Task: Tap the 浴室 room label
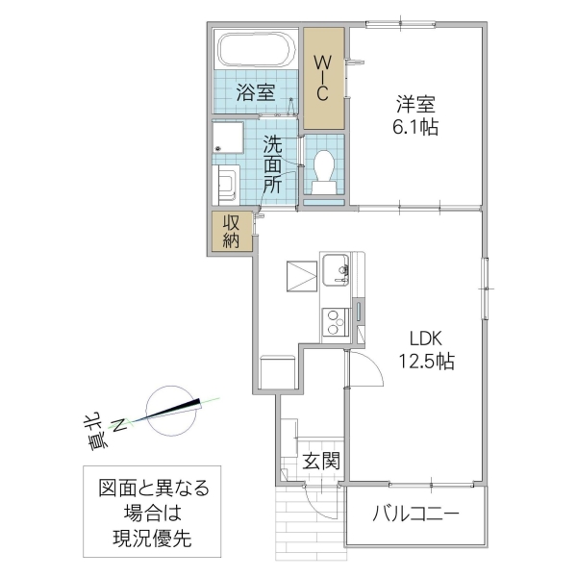(256, 93)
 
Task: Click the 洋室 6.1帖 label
(415, 113)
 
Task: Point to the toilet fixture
(324, 167)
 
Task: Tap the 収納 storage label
(233, 232)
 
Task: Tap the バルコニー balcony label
(415, 514)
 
